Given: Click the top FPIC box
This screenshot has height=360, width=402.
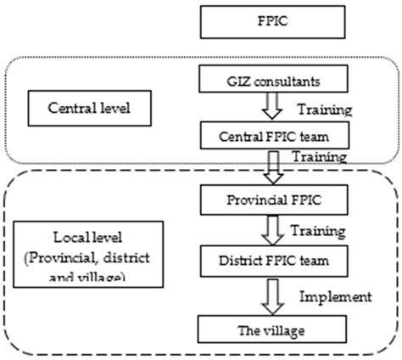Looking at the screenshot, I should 260,24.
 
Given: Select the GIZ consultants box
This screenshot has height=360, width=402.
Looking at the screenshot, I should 260,82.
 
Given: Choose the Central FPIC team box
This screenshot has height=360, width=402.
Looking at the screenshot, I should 260,134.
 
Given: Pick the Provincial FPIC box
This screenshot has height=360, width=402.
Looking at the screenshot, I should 260,201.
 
